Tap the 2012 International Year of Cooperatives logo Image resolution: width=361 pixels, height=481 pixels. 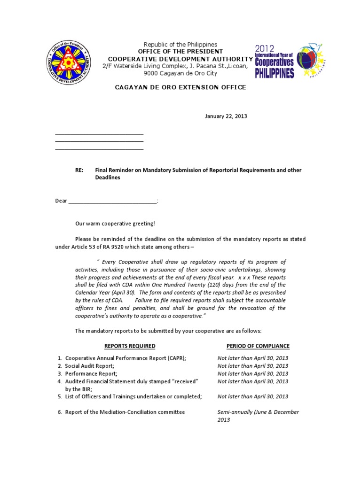(x=289, y=61)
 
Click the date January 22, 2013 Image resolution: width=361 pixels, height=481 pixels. (x=226, y=116)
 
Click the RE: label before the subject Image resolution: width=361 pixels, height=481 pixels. (x=79, y=170)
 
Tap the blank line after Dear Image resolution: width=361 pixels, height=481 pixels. (x=113, y=201)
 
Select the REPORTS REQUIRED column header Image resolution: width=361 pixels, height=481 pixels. (x=130, y=346)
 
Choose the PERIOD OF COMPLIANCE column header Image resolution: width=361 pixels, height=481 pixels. (x=258, y=346)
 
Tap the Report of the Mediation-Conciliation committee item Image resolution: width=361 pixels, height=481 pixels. (x=125, y=412)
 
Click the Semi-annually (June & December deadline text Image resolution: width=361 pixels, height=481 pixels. (x=258, y=412)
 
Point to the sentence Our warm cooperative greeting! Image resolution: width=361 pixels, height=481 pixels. (x=115, y=224)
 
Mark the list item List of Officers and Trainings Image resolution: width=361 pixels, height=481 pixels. (x=133, y=396)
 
